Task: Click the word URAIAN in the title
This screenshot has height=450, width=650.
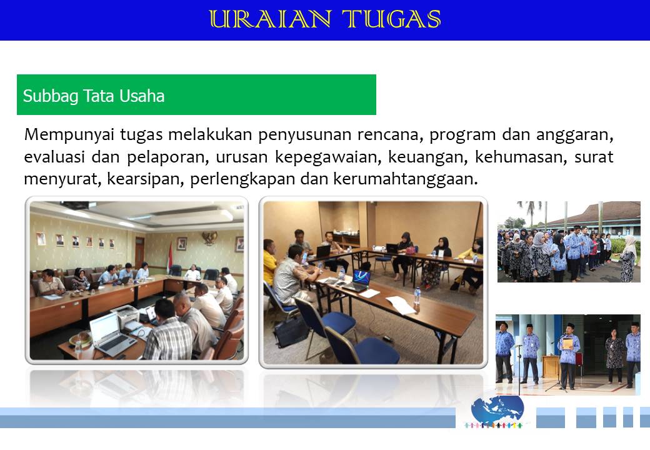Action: [x=270, y=19]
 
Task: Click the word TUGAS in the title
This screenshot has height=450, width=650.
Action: [x=391, y=19]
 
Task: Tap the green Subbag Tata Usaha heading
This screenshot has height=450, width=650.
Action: [x=196, y=94]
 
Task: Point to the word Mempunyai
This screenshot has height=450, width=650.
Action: [x=69, y=135]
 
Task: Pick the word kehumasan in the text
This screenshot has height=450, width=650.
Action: [x=521, y=157]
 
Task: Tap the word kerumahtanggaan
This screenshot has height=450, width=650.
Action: [x=406, y=179]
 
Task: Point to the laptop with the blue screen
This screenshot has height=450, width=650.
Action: [x=357, y=282]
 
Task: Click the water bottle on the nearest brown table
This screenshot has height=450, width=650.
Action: [x=417, y=297]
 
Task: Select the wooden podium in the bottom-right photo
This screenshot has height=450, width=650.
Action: [x=551, y=366]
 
